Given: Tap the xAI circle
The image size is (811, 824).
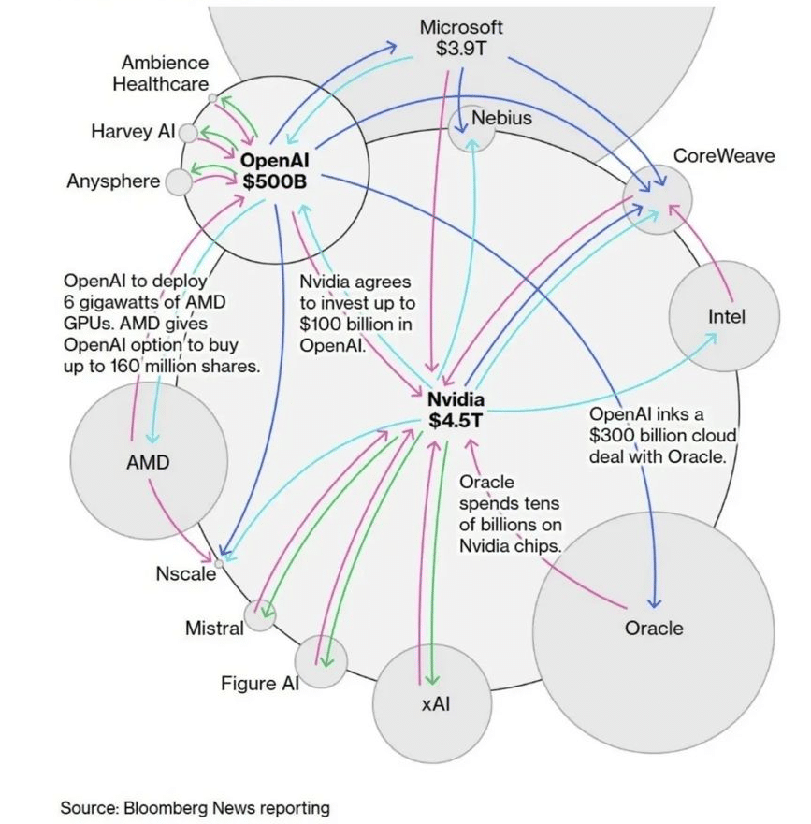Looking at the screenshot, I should coord(431,702).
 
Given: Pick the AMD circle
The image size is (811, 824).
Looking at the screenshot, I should coord(148,461).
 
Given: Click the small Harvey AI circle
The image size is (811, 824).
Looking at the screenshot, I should coord(188,133).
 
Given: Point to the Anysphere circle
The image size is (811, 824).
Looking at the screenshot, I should coord(177,182).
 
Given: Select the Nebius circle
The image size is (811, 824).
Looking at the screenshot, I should coord(471,129).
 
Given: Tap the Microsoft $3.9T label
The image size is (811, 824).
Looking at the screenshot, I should coord(461,38).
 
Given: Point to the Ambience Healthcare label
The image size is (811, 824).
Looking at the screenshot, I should coord(161,73).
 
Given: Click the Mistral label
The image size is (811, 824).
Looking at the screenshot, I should coord(214,628).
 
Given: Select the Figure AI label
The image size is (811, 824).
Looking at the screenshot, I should coord(260,683).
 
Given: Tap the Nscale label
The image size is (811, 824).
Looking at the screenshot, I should coord(185,573).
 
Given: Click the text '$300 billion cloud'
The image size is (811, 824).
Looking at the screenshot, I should coord(662,435).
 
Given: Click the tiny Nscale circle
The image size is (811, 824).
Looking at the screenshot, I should coord(220,562).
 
